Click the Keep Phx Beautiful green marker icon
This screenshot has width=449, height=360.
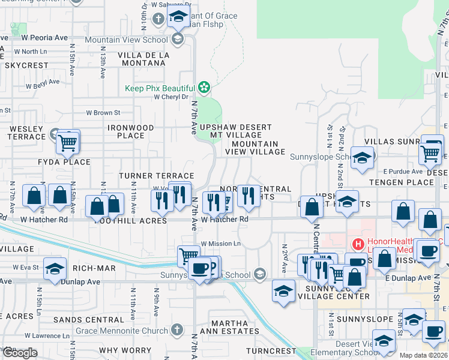pyautogui.click(x=204, y=88)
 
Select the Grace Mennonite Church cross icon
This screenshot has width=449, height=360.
pyautogui.click(x=176, y=329)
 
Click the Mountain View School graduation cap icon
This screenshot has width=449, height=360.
pyautogui.click(x=177, y=40)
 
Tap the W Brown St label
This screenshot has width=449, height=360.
pyautogui.click(x=103, y=112)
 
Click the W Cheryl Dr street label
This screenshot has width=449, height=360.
pyautogui.click(x=171, y=97)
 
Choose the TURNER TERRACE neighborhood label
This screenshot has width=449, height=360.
pyautogui.click(x=148, y=175)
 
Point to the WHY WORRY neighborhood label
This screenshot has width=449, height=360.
pyautogui.click(x=125, y=350)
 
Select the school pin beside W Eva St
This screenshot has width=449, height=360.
pyautogui.click(x=55, y=269)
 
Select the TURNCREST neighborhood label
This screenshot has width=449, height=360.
pyautogui.click(x=271, y=350)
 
